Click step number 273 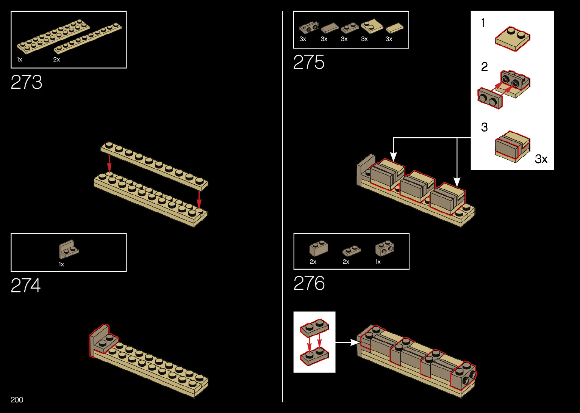[27, 82]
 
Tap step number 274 [26, 286]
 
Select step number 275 [309, 62]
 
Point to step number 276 [309, 283]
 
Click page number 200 [17, 400]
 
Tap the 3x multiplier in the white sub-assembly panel [541, 159]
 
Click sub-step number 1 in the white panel [483, 23]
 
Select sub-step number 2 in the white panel [484, 67]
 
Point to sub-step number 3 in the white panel [484, 127]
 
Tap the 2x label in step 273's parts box [56, 60]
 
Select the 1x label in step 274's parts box [61, 264]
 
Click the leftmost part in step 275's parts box [309, 28]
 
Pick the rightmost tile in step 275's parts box [394, 28]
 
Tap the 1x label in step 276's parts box [378, 262]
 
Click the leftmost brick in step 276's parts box [318, 248]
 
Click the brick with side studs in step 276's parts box [384, 248]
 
